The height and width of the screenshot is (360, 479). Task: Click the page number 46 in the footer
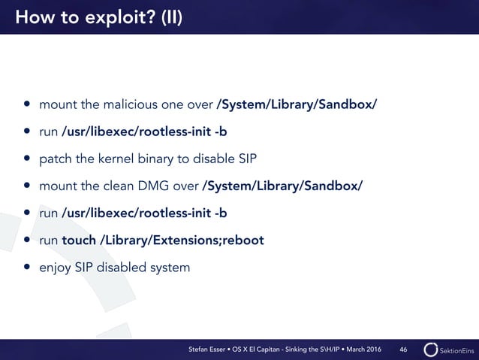tap(404, 350)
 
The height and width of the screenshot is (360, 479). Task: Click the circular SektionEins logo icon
tap(431, 350)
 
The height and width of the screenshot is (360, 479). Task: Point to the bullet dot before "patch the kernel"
tap(27, 159)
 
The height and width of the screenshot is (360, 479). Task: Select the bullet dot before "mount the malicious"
tap(27, 103)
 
